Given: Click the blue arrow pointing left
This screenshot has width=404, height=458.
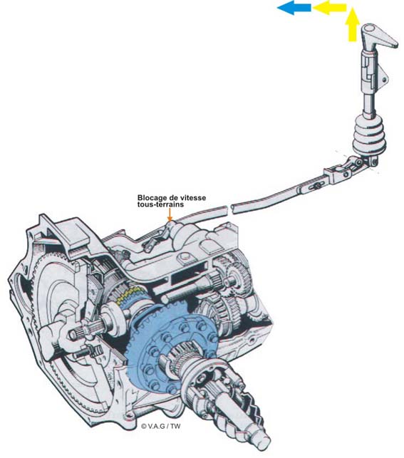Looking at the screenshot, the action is click(x=294, y=8).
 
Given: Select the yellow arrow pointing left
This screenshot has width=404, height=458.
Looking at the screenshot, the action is click(x=329, y=8).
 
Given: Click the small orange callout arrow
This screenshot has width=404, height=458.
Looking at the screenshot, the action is click(x=170, y=214).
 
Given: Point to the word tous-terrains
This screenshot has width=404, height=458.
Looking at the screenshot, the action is click(x=160, y=204).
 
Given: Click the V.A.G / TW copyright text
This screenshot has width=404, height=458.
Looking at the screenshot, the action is click(x=160, y=426).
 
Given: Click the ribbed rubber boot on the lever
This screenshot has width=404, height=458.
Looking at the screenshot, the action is click(x=369, y=135).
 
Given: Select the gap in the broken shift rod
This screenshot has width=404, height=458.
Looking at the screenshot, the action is click(x=229, y=209).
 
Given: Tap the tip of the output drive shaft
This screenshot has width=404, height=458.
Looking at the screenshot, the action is click(x=264, y=443).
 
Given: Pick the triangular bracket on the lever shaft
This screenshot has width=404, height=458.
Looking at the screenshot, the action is click(x=384, y=78).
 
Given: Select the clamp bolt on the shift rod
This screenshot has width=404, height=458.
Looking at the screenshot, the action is click(x=314, y=186).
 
